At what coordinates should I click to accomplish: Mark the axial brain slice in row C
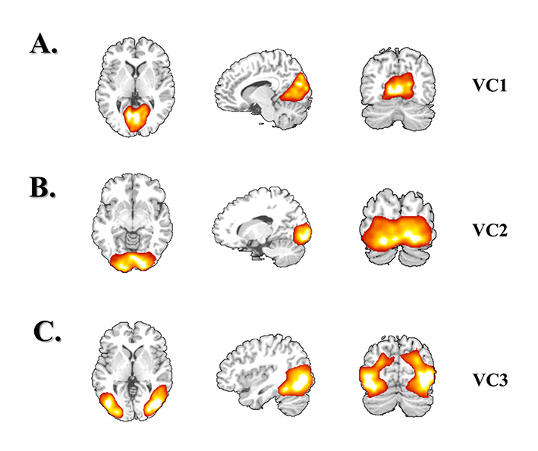[132, 371]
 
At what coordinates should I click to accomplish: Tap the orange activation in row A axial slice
[136, 117]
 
